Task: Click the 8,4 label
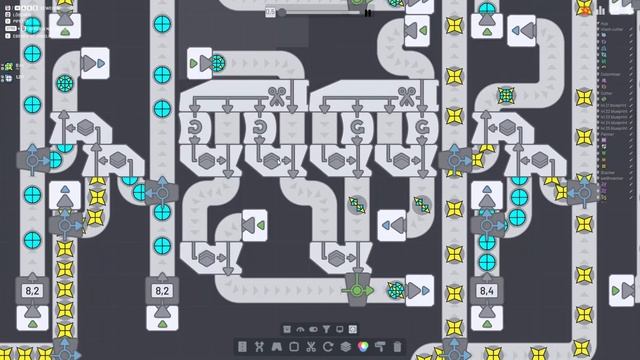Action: [x=487, y=291]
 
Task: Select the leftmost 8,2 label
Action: [x=32, y=291]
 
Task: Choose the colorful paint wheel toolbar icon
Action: [x=364, y=346]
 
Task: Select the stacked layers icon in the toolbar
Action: [x=346, y=346]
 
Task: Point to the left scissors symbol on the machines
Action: [x=275, y=96]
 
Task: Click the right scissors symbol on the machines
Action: [x=406, y=96]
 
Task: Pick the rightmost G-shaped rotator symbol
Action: [x=422, y=128]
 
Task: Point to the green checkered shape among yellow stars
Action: [x=507, y=96]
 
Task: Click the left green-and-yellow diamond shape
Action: [x=357, y=205]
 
